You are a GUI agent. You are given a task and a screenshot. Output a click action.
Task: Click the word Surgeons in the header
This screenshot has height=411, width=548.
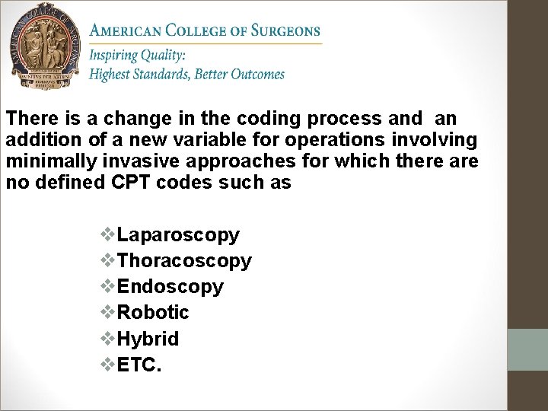(285, 31)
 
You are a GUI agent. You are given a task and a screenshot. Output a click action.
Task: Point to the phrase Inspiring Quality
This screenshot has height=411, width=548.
(137, 56)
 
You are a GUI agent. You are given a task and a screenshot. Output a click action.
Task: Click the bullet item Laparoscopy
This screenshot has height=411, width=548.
(178, 235)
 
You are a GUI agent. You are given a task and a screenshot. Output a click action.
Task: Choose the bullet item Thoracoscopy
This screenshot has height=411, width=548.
(184, 261)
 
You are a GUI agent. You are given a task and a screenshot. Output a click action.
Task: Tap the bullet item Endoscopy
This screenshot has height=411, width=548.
(170, 287)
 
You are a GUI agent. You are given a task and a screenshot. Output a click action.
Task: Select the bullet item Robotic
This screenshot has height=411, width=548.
(154, 313)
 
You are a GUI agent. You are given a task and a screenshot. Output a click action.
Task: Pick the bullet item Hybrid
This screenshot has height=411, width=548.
(148, 339)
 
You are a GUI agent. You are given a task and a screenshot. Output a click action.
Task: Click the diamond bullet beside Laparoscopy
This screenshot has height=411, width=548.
(109, 235)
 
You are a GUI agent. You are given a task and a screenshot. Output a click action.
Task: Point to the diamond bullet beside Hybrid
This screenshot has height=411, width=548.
(109, 339)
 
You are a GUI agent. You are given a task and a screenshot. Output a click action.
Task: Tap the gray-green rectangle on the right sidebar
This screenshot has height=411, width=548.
(527, 349)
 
